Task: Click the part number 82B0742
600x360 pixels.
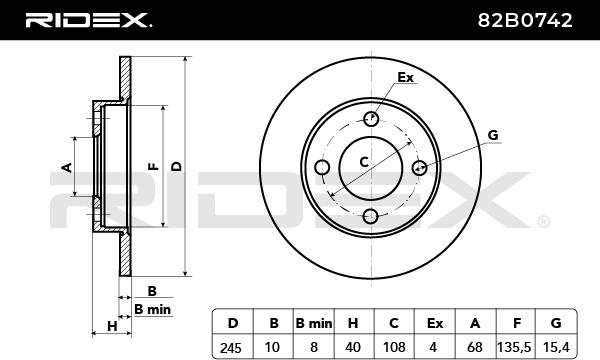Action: (525, 20)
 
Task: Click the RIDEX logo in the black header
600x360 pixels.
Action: (88, 20)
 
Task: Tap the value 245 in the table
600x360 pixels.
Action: (231, 348)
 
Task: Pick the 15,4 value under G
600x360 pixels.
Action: (556, 347)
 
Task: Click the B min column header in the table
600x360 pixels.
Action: (314, 324)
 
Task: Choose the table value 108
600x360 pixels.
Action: (394, 347)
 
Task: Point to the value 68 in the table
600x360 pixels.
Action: (475, 347)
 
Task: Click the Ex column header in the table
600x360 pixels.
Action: (435, 324)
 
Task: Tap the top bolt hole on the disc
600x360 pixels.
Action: (371, 119)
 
